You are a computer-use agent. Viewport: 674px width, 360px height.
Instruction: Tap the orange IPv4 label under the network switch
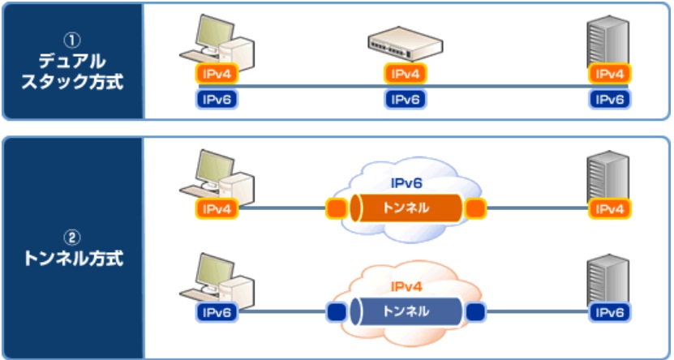pyautogui.click(x=404, y=74)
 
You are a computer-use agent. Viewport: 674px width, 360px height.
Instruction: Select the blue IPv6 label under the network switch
pyautogui.click(x=404, y=100)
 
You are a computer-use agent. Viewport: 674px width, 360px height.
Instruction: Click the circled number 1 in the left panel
pyautogui.click(x=73, y=37)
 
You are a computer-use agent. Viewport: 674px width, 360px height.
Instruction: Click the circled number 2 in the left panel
pyautogui.click(x=73, y=238)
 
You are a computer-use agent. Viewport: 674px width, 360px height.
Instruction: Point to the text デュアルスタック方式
pyautogui.click(x=73, y=71)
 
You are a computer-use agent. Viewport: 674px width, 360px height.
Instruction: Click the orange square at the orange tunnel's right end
pyautogui.click(x=475, y=210)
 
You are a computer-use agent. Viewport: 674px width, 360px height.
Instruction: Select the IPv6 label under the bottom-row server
pyautogui.click(x=610, y=311)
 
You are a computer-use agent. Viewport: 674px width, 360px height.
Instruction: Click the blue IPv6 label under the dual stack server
pyautogui.click(x=610, y=100)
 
